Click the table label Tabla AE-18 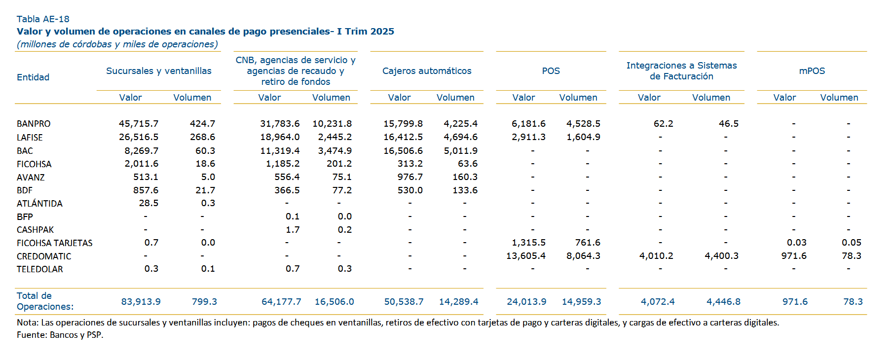(x=43, y=19)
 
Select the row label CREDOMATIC (x=44, y=256)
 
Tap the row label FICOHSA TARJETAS (x=54, y=243)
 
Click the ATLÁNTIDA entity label (x=39, y=204)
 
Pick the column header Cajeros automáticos (x=427, y=71)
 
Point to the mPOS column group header (x=812, y=71)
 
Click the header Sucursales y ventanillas (x=158, y=71)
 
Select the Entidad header (x=33, y=77)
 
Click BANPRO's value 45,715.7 (x=139, y=124)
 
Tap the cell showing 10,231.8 (x=332, y=124)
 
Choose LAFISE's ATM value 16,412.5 (x=403, y=137)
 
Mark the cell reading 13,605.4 (x=526, y=256)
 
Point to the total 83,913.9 (x=141, y=302)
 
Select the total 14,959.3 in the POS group (x=581, y=302)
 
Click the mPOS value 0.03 (x=796, y=243)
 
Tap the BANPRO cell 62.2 (x=663, y=124)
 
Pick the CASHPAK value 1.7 (x=293, y=230)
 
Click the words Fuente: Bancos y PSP (x=60, y=335)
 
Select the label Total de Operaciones (x=44, y=301)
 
